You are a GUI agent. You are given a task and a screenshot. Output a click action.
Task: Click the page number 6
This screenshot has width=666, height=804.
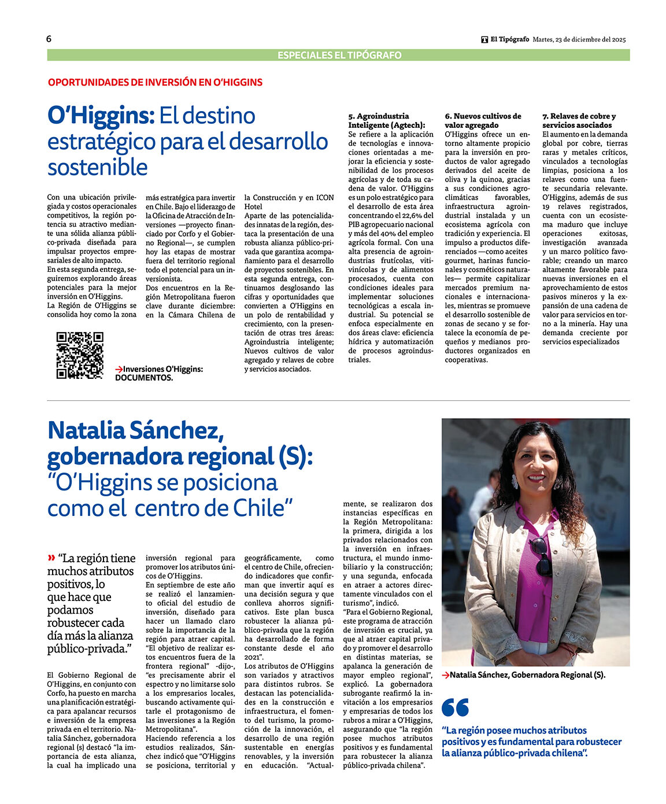[x=49, y=39]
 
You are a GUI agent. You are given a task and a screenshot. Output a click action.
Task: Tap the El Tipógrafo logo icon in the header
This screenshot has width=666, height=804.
[x=484, y=40]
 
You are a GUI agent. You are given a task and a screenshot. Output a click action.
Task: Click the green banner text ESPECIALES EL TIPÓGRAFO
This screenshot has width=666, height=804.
[x=339, y=56]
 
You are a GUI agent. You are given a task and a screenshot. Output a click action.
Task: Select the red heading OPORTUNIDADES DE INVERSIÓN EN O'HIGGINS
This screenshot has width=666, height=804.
[x=155, y=82]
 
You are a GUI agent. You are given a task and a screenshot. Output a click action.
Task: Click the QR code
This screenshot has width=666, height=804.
[x=80, y=355]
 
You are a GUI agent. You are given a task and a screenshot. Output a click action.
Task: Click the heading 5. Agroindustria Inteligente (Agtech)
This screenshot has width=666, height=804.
[x=386, y=120]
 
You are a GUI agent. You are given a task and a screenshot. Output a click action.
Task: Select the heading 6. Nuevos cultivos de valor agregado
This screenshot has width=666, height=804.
[x=483, y=120]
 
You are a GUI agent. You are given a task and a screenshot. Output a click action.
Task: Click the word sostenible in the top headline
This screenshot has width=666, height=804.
[x=98, y=167]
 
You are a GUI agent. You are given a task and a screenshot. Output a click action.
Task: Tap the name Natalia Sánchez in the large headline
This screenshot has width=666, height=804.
[x=135, y=431]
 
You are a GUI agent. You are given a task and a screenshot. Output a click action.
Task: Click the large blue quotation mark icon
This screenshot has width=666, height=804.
[x=455, y=707]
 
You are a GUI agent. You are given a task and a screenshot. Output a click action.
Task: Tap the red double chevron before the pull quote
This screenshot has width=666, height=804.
[x=51, y=558]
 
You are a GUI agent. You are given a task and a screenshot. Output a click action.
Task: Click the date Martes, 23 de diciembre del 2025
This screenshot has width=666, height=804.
[x=579, y=40]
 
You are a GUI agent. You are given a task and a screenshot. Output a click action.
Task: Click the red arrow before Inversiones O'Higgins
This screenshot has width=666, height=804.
[x=119, y=369]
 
